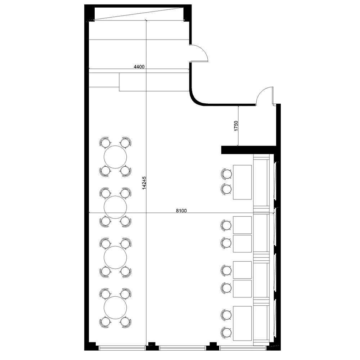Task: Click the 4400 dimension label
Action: [x=139, y=67]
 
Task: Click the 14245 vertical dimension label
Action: [x=144, y=183]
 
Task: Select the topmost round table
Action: [x=115, y=157]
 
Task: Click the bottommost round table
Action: [x=115, y=307]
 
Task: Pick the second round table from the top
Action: [x=115, y=207]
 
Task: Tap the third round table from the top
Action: [x=115, y=257]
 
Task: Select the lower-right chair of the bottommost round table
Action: [x=126, y=322]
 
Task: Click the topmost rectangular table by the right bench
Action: [x=242, y=182]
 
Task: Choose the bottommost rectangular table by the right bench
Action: [x=242, y=323]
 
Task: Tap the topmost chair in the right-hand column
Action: [x=226, y=174]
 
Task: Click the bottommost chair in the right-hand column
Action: [x=226, y=332]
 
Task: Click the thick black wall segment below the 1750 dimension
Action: [x=248, y=150]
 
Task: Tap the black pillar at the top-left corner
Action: [x=89, y=13]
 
